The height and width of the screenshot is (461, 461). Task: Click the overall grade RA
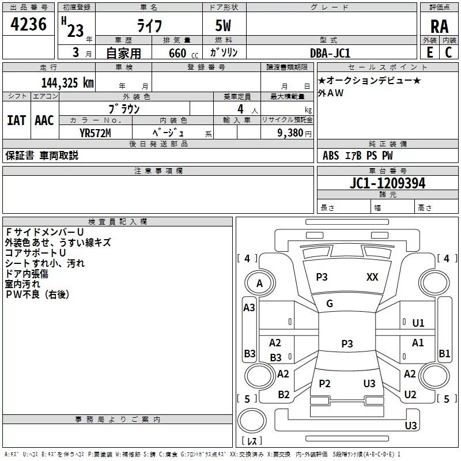pyautogui.click(x=439, y=27)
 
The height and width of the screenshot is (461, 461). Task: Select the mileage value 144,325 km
pyautogui.click(x=67, y=82)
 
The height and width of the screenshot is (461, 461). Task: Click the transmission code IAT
pyautogui.click(x=17, y=120)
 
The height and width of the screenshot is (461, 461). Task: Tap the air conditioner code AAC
pyautogui.click(x=44, y=120)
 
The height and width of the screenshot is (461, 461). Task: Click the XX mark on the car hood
pyautogui.click(x=372, y=277)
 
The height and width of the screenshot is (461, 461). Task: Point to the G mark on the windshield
pyautogui.click(x=330, y=304)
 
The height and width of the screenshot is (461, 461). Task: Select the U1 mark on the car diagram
pyautogui.click(x=418, y=323)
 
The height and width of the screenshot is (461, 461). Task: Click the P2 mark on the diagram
pyautogui.click(x=324, y=384)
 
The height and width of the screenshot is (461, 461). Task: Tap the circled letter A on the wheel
pyautogui.click(x=259, y=284)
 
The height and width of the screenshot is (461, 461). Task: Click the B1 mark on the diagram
pyautogui.click(x=444, y=354)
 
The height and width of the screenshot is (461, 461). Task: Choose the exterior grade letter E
pyautogui.click(x=429, y=52)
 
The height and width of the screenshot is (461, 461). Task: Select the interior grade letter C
pyautogui.click(x=448, y=52)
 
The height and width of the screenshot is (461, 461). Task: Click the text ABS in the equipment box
pyautogui.click(x=331, y=155)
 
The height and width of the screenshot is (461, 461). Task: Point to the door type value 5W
pyautogui.click(x=224, y=27)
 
